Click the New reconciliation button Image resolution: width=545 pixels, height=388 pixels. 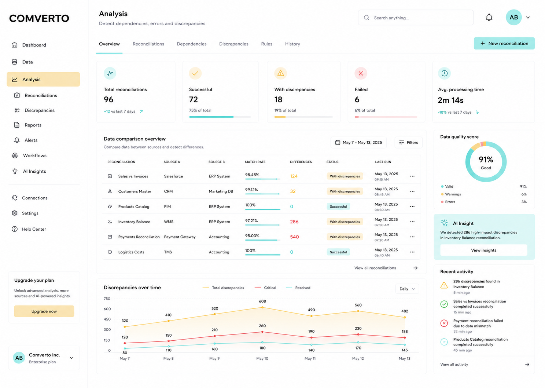504,43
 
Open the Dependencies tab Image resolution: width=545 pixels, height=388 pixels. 191,44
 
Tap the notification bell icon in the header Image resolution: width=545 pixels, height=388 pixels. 489,18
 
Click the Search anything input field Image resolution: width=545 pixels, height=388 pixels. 416,18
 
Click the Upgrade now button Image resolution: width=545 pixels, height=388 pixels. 44,311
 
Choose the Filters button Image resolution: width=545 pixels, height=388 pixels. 408,142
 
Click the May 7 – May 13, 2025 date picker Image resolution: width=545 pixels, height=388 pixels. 358,142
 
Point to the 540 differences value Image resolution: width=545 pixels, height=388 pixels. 294,237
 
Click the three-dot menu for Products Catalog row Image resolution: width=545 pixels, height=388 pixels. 412,206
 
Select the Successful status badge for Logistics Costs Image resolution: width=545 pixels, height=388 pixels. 338,252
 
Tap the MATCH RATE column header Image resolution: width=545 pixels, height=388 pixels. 255,162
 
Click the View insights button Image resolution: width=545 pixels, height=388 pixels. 483,250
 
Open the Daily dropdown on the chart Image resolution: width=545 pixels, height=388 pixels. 407,289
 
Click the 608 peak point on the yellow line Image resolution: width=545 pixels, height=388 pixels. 262,307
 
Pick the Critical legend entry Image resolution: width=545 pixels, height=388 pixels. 265,288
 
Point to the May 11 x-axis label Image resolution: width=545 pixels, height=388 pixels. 310,358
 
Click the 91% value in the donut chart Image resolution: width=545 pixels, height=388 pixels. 486,160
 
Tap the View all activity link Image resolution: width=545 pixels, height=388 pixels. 454,365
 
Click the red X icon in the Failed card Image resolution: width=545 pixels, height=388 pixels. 361,73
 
